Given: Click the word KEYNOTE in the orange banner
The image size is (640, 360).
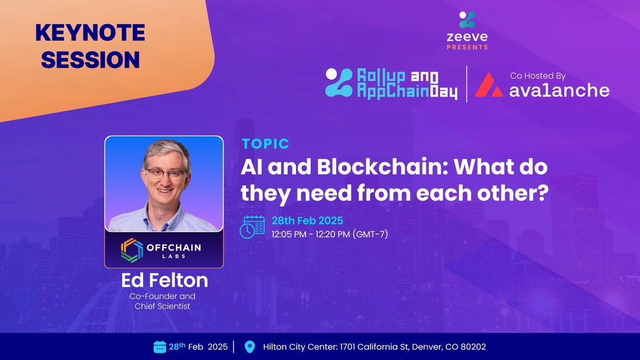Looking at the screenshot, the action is pos(90,33).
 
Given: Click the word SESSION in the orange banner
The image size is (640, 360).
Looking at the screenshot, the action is pos(90,60).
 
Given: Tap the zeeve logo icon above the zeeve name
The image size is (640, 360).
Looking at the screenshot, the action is pos(467,20).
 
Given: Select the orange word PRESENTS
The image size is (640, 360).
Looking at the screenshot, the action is pos(467,47).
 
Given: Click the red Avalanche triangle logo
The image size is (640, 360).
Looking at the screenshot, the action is pos(489,85).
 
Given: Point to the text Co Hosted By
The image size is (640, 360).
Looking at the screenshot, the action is pos(538,76).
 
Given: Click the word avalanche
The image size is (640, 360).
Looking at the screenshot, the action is pos(559,90).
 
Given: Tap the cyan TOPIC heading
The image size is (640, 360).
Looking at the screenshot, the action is pos(266,143).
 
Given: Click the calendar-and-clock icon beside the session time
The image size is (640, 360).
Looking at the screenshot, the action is pos(252,227).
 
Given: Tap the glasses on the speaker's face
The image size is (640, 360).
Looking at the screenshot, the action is pos(166,173).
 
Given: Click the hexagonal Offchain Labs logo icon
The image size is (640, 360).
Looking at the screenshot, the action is pos(132,250).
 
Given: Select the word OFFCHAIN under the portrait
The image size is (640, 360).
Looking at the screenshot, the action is pos(174,247).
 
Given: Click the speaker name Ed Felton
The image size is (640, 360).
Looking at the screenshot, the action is pos(165,280).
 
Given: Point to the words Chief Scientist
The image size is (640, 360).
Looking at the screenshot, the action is pos(162,306).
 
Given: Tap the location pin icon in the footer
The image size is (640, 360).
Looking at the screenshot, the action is pos(250,347).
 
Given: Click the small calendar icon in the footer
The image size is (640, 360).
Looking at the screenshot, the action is pos(159,347).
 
